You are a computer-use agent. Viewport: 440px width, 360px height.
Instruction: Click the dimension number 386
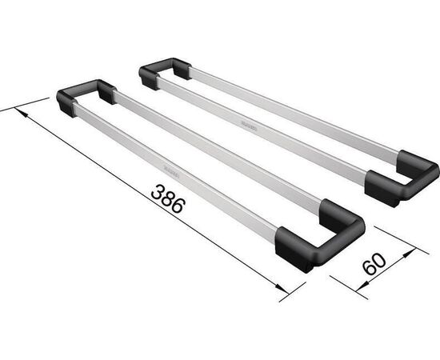pos(166,198)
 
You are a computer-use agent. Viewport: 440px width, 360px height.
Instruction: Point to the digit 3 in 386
pos(155,190)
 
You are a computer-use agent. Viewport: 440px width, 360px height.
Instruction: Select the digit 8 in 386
pos(166,198)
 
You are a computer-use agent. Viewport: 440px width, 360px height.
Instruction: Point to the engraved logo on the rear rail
pos(243,124)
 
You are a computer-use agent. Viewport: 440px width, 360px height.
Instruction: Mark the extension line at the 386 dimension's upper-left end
pos(24,106)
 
